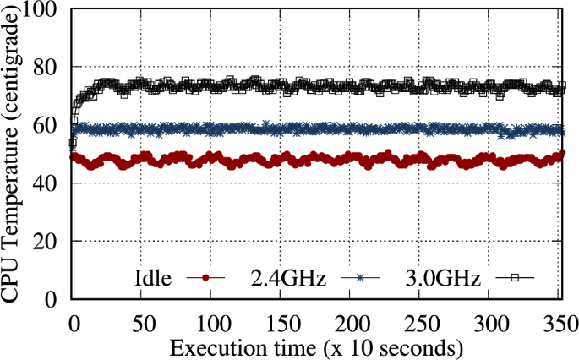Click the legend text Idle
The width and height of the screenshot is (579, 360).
click(x=153, y=277)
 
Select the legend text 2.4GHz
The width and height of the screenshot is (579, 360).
click(x=288, y=277)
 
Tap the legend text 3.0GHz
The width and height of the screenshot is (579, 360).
click(x=443, y=277)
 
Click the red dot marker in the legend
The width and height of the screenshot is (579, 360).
click(x=205, y=278)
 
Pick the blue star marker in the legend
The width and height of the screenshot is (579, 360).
click(x=360, y=278)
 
